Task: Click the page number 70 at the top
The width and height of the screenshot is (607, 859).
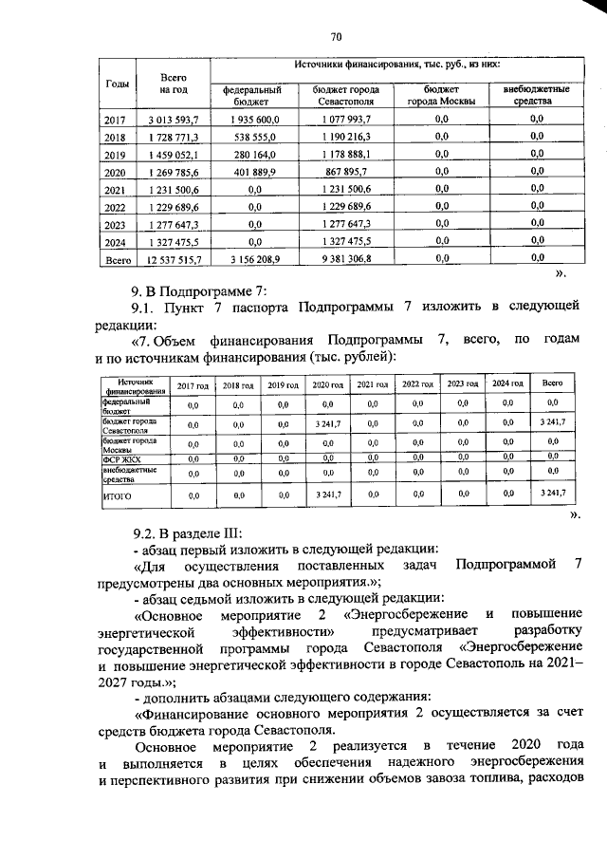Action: coord(335,37)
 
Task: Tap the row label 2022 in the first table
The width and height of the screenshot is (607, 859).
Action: coord(114,208)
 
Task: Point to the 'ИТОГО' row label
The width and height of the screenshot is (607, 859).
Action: coord(118,495)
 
